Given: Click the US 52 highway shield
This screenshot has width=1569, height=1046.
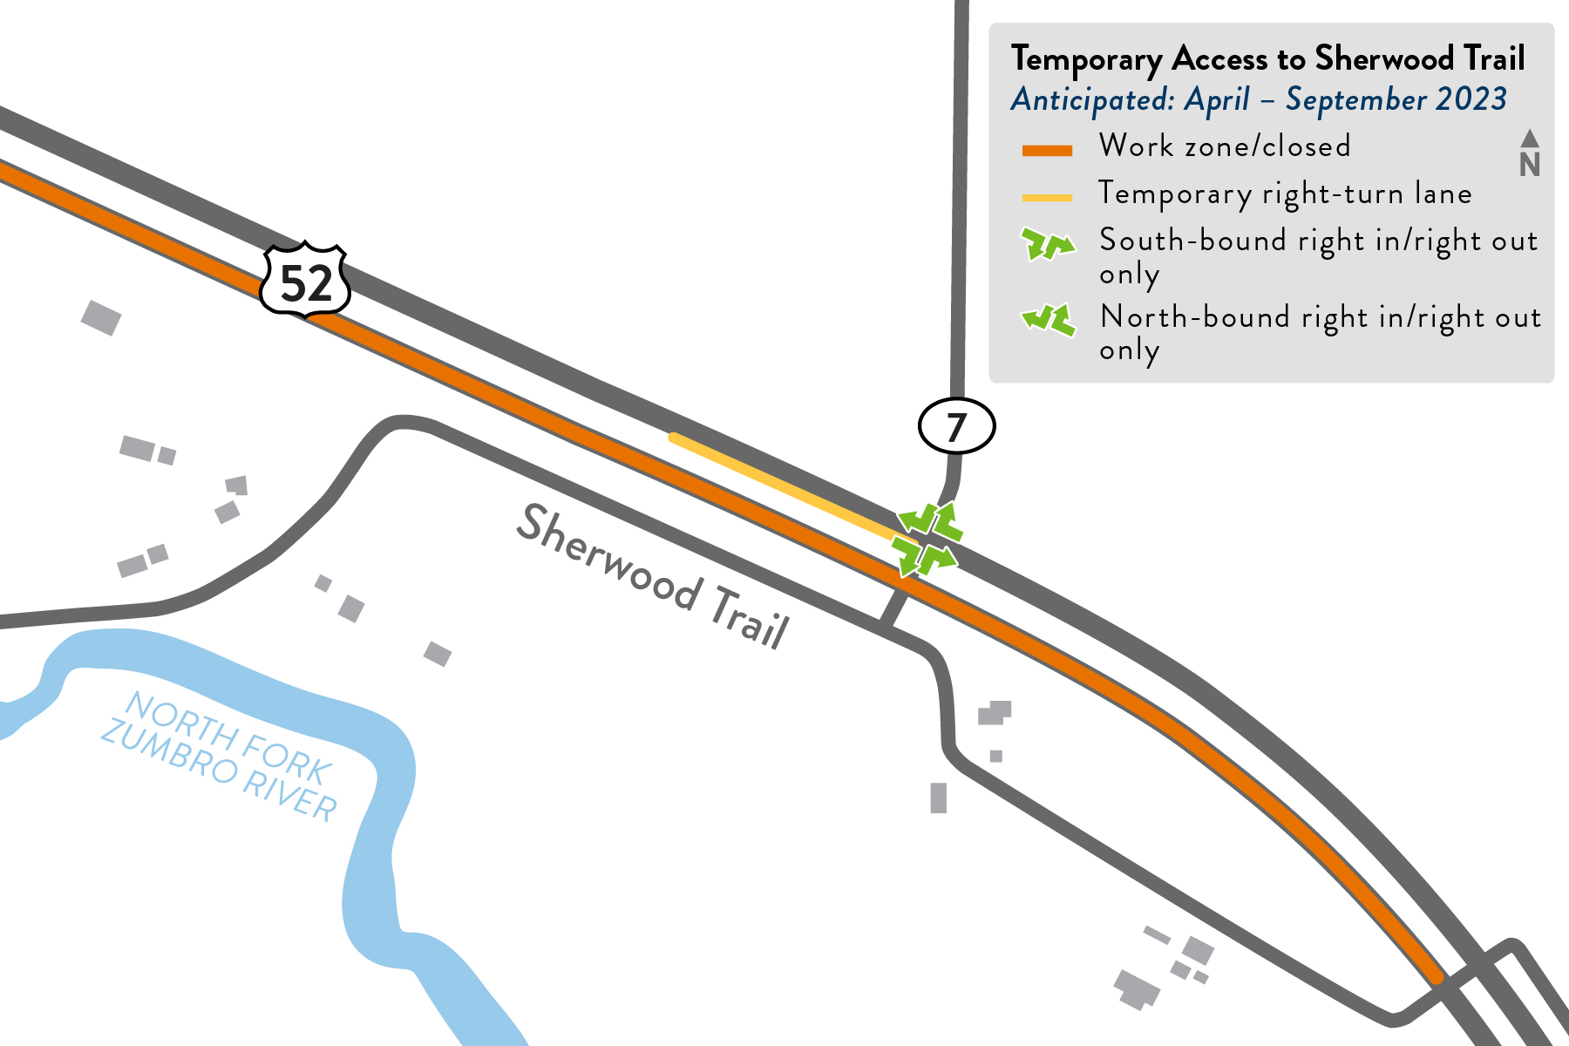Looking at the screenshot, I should (305, 281).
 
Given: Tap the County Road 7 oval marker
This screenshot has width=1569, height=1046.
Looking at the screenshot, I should (956, 426).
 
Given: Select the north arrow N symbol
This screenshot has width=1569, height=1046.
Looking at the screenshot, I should (1529, 155).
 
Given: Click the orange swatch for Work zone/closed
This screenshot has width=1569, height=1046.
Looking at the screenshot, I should (1046, 151).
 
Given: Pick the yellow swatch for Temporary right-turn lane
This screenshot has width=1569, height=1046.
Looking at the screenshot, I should (1046, 198).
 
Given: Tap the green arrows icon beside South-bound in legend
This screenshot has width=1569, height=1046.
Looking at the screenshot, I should (1047, 245).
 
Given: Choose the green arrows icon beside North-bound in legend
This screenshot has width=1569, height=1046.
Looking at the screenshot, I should (1047, 320).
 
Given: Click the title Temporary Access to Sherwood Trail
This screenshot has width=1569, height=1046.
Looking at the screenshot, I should (1267, 59).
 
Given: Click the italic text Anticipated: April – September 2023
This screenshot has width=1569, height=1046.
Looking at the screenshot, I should (1259, 99).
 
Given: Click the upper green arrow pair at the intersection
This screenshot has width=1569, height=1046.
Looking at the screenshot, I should (932, 521).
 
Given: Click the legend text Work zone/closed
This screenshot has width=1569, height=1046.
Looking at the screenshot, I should (1225, 146).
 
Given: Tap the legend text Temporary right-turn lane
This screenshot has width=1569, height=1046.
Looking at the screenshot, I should (1285, 193).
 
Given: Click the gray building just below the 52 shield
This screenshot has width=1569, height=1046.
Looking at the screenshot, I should (101, 317).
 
